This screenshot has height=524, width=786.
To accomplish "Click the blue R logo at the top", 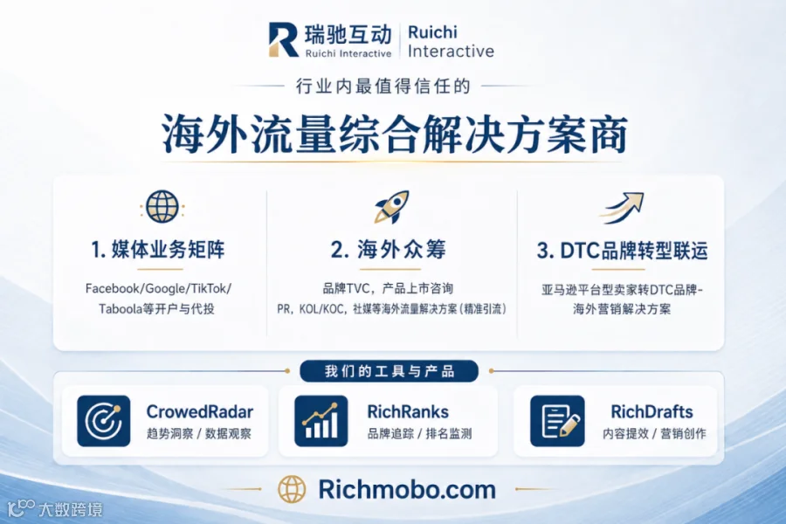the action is [x=283, y=39].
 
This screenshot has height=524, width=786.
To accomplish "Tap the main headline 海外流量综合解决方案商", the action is [x=395, y=134].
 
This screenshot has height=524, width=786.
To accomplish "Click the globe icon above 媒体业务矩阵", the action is [x=162, y=207].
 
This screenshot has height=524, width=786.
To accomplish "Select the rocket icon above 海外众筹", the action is [x=392, y=207].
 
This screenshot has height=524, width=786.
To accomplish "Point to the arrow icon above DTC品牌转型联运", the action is [x=622, y=208].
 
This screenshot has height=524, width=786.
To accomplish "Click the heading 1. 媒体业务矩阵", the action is [x=158, y=249].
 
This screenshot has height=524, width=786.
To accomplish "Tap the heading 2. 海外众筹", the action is [x=389, y=249].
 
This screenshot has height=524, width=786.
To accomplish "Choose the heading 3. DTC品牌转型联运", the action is [x=622, y=251].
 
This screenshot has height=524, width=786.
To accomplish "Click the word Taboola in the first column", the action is [x=121, y=308].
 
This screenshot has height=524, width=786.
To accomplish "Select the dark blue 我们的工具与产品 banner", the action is [x=389, y=371].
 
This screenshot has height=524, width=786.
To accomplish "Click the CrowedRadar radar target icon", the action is [x=104, y=421].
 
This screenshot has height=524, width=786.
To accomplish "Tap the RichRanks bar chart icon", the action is [x=321, y=421].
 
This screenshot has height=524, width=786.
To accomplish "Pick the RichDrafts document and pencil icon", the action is [x=557, y=421].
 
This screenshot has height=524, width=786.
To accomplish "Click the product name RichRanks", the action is [x=408, y=411].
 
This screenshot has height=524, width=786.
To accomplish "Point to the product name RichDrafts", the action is [x=652, y=411].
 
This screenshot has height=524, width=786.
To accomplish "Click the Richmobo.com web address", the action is [x=407, y=489].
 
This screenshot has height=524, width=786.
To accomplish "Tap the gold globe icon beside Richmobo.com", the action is [x=292, y=489].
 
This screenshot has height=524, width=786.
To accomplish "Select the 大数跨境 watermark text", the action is [x=70, y=509].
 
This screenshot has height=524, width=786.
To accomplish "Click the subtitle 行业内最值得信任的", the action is [x=383, y=86].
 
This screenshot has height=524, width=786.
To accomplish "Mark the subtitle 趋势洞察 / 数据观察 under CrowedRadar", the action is [x=199, y=434].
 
